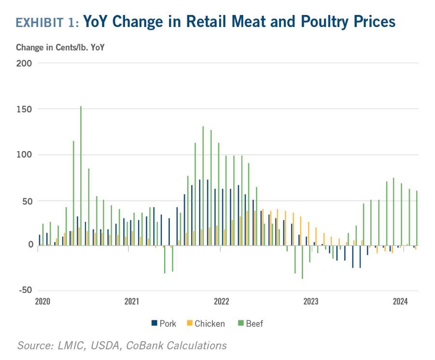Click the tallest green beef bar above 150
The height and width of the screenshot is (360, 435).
tap(81, 176)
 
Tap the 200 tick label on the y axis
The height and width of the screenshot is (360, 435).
tap(24, 63)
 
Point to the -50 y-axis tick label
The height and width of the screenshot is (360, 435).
tap(26, 290)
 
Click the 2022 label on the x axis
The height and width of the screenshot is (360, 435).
tap(222, 301)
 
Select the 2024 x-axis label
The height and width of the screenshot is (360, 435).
tap(400, 301)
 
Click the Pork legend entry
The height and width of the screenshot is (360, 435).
tap(164, 323)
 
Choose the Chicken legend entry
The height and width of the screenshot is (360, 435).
tap(206, 323)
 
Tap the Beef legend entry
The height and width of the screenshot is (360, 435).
tap(251, 323)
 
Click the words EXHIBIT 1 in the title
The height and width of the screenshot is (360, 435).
tap(47, 23)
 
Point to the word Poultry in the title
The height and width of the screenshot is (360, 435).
tap(324, 22)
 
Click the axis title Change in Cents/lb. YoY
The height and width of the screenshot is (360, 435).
tap(60, 47)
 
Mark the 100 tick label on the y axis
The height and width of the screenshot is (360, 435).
tap(24, 155)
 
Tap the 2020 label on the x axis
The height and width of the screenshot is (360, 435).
tap(42, 301)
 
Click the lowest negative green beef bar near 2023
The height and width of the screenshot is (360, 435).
tap(302, 262)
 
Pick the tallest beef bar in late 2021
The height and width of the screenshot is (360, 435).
tap(203, 186)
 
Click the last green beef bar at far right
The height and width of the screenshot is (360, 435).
tap(417, 218)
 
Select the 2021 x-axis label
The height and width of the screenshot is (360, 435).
tap(132, 301)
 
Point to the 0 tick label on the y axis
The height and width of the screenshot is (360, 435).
tap(30, 245)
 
